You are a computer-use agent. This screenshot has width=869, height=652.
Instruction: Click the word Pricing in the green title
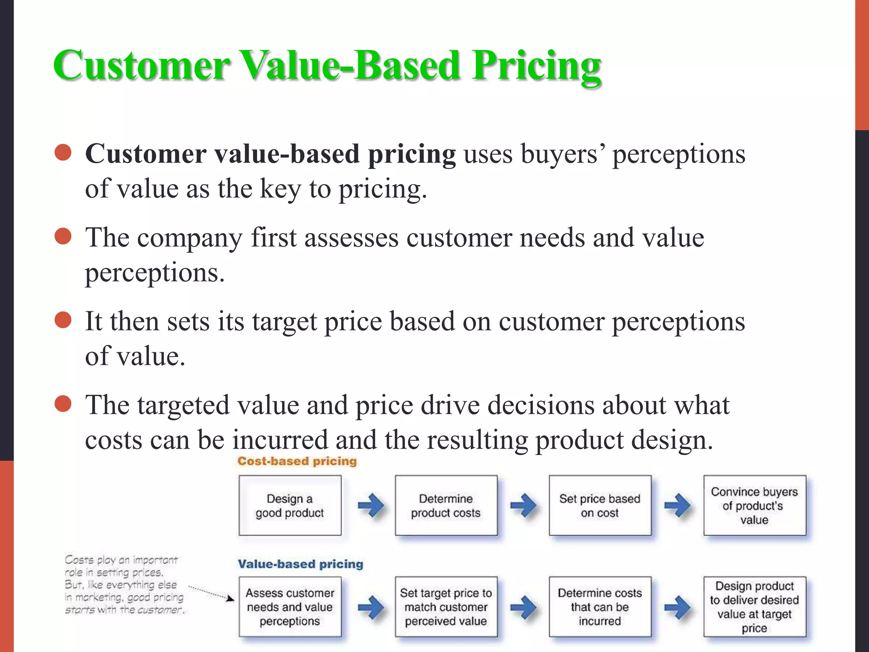[x=536, y=66]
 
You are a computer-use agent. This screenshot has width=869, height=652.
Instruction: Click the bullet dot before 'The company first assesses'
[x=63, y=236]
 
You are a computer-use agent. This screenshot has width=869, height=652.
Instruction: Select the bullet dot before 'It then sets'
[x=63, y=320]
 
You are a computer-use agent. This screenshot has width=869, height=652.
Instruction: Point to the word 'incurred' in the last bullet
[x=280, y=440]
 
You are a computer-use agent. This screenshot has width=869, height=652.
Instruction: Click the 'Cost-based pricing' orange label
[x=297, y=461]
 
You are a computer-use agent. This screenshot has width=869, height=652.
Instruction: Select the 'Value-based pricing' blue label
[x=300, y=564]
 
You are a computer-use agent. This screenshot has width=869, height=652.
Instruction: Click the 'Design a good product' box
[x=290, y=506]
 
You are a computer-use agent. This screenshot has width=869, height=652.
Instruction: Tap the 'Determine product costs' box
[x=446, y=506]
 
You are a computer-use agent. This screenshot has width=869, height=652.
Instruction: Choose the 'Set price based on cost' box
[x=600, y=506]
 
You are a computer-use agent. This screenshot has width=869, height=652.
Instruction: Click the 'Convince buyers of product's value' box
[x=754, y=506]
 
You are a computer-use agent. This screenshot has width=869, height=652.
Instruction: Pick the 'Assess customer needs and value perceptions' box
[x=290, y=607]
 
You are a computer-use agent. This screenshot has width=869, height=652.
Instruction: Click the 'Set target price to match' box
[x=446, y=607]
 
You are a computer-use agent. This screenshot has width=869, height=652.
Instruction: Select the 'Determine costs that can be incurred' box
[x=600, y=607]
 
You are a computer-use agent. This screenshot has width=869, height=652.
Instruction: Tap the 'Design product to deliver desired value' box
[x=754, y=607]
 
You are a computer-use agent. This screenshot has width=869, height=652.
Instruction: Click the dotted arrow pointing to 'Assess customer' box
[x=211, y=593]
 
